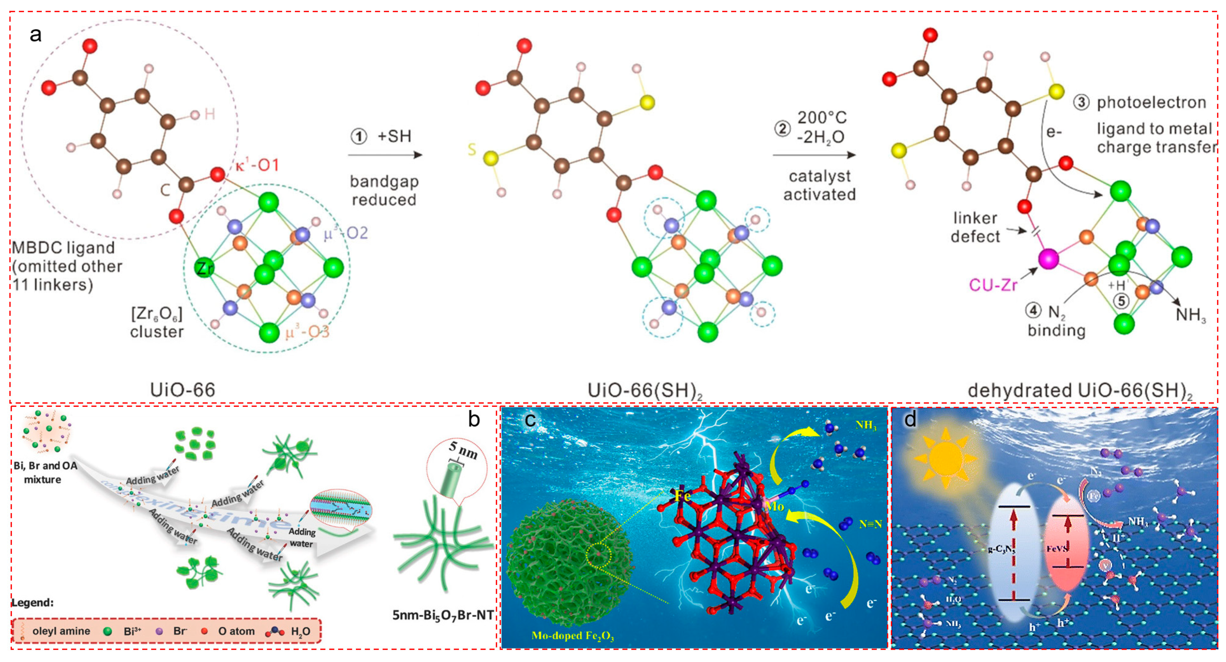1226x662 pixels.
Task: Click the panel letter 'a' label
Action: click(x=35, y=35)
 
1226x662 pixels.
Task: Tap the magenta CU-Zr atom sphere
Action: click(x=1048, y=259)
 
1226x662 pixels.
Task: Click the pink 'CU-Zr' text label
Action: click(x=993, y=285)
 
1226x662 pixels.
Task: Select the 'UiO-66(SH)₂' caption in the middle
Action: click(x=645, y=391)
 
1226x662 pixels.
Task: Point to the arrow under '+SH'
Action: click(x=385, y=155)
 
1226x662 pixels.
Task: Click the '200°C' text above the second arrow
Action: click(x=822, y=117)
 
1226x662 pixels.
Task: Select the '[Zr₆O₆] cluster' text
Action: click(x=157, y=322)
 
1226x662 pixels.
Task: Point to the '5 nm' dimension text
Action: click(x=462, y=450)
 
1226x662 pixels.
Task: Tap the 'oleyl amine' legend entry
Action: click(x=61, y=631)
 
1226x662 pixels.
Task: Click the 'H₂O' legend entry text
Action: click(x=300, y=631)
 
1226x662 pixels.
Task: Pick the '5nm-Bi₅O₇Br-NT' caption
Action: click(x=443, y=615)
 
